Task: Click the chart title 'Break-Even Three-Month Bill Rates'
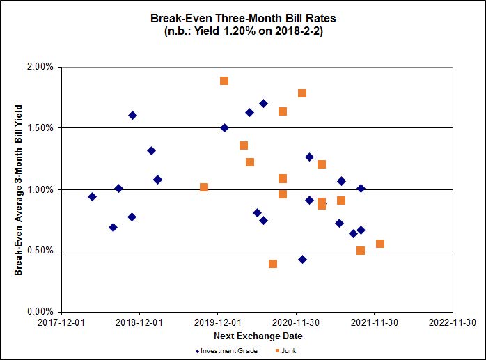click(x=242, y=16)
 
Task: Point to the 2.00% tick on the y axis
click(x=39, y=67)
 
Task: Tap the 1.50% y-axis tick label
click(x=39, y=128)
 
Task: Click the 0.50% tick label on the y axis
click(x=39, y=251)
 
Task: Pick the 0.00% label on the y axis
click(x=39, y=312)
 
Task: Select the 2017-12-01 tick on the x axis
click(x=62, y=322)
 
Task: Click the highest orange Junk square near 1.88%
click(x=224, y=81)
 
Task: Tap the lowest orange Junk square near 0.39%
click(x=273, y=264)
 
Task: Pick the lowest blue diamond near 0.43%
click(x=302, y=259)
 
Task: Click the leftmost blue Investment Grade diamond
click(x=92, y=196)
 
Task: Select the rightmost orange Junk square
click(x=380, y=244)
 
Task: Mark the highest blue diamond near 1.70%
click(x=263, y=103)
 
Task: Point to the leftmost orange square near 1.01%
click(x=204, y=187)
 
